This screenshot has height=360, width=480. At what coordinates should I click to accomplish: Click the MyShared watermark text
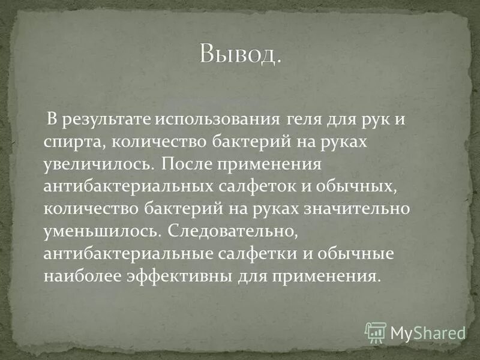[x=428, y=332]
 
